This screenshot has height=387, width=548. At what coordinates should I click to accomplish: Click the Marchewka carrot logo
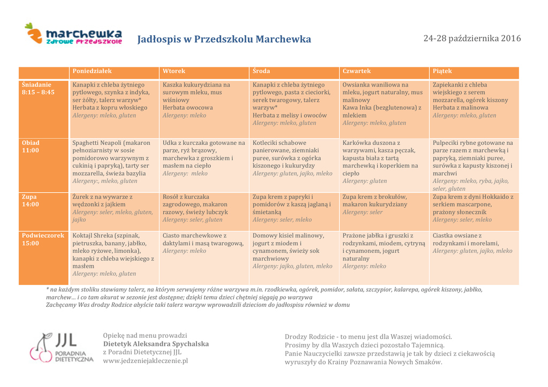[x=73, y=34]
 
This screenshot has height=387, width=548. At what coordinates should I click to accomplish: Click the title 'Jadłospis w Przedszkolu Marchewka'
[x=224, y=39]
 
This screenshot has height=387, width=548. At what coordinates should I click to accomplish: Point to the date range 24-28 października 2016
[x=472, y=38]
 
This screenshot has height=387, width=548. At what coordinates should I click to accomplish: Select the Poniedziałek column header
[x=92, y=71]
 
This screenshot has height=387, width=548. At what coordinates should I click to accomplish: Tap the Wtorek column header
[x=174, y=71]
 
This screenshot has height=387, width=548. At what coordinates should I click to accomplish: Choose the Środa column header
[x=261, y=71]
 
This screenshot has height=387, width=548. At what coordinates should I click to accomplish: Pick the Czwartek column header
[x=356, y=71]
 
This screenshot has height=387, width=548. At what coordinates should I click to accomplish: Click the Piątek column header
[x=442, y=71]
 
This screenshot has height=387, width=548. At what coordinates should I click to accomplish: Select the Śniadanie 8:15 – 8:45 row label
[x=38, y=88]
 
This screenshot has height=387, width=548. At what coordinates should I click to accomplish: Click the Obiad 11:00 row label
[x=31, y=146]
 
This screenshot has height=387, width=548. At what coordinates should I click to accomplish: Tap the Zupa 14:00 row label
[x=31, y=200]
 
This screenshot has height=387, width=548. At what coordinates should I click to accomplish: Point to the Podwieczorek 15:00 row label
[x=42, y=239]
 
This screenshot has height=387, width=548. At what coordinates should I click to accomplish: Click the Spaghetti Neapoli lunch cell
[x=114, y=162]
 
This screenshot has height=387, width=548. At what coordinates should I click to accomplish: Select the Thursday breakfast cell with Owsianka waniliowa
[x=383, y=104]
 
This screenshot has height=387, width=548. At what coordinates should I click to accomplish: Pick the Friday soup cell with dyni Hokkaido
[x=474, y=208]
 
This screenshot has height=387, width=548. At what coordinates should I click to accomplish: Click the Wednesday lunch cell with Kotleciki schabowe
[x=293, y=158]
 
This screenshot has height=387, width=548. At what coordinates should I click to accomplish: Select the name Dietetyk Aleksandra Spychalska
[x=156, y=344]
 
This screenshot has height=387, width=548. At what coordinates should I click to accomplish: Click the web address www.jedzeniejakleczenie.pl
[x=145, y=361]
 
